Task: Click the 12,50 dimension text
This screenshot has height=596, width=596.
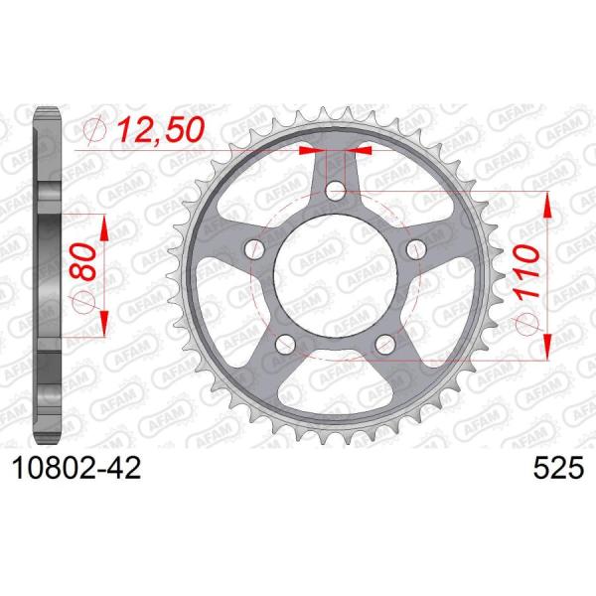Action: [161, 129]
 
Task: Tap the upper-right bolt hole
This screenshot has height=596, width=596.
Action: [416, 248]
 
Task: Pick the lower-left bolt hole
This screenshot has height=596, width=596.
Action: [286, 343]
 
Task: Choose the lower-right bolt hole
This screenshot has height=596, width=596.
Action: [385, 343]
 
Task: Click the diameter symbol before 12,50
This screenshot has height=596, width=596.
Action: [96, 129]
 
